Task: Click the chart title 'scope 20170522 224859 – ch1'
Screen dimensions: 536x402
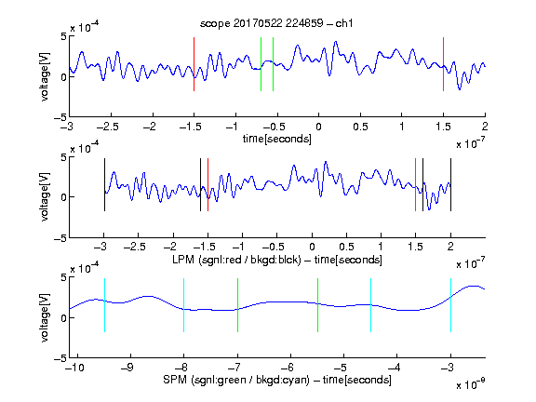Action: click(x=276, y=23)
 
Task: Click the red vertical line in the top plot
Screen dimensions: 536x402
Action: click(x=194, y=64)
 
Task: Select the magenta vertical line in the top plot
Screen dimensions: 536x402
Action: click(x=443, y=64)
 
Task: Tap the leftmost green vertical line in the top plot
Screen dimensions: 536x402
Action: click(x=261, y=64)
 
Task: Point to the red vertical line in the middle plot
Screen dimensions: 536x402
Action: click(x=208, y=184)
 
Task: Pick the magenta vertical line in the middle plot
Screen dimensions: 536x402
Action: click(x=415, y=184)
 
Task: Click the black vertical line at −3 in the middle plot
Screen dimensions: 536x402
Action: click(x=104, y=184)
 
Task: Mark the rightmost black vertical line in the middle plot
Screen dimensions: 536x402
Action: click(x=450, y=184)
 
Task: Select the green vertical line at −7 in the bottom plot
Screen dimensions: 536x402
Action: click(x=237, y=305)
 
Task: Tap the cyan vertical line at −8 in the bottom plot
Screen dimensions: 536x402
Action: click(x=183, y=305)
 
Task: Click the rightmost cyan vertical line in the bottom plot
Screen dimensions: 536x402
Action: click(x=450, y=305)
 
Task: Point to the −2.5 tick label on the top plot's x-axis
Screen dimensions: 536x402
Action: click(x=107, y=127)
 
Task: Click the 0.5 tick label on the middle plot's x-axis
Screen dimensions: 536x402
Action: click(x=346, y=247)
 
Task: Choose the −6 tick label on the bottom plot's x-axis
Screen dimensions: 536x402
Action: click(x=288, y=368)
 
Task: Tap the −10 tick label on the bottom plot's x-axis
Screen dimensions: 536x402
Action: click(x=74, y=368)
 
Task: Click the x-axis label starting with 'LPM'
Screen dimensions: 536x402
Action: click(x=277, y=260)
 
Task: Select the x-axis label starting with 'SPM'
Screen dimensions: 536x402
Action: click(x=277, y=380)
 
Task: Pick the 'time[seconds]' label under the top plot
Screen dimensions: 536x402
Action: click(x=277, y=139)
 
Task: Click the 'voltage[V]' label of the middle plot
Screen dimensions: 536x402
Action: click(x=45, y=197)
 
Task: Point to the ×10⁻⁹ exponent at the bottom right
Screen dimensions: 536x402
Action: click(x=470, y=384)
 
